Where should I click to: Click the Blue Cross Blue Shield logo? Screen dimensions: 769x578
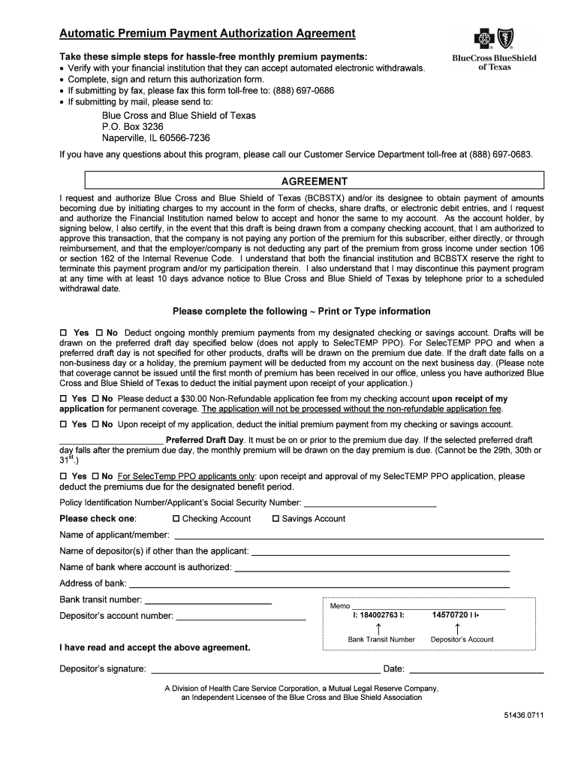click(493, 49)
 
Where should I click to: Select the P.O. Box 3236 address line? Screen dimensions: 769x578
click(132, 127)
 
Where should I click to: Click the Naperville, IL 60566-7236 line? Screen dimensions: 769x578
click(155, 138)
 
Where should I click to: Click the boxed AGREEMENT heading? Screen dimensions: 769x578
click(314, 181)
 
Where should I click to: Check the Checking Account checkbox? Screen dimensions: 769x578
click(176, 519)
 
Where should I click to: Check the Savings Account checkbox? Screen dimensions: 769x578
click(275, 519)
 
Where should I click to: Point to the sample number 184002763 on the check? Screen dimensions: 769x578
click(378, 615)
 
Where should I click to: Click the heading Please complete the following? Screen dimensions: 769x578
click(302, 311)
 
